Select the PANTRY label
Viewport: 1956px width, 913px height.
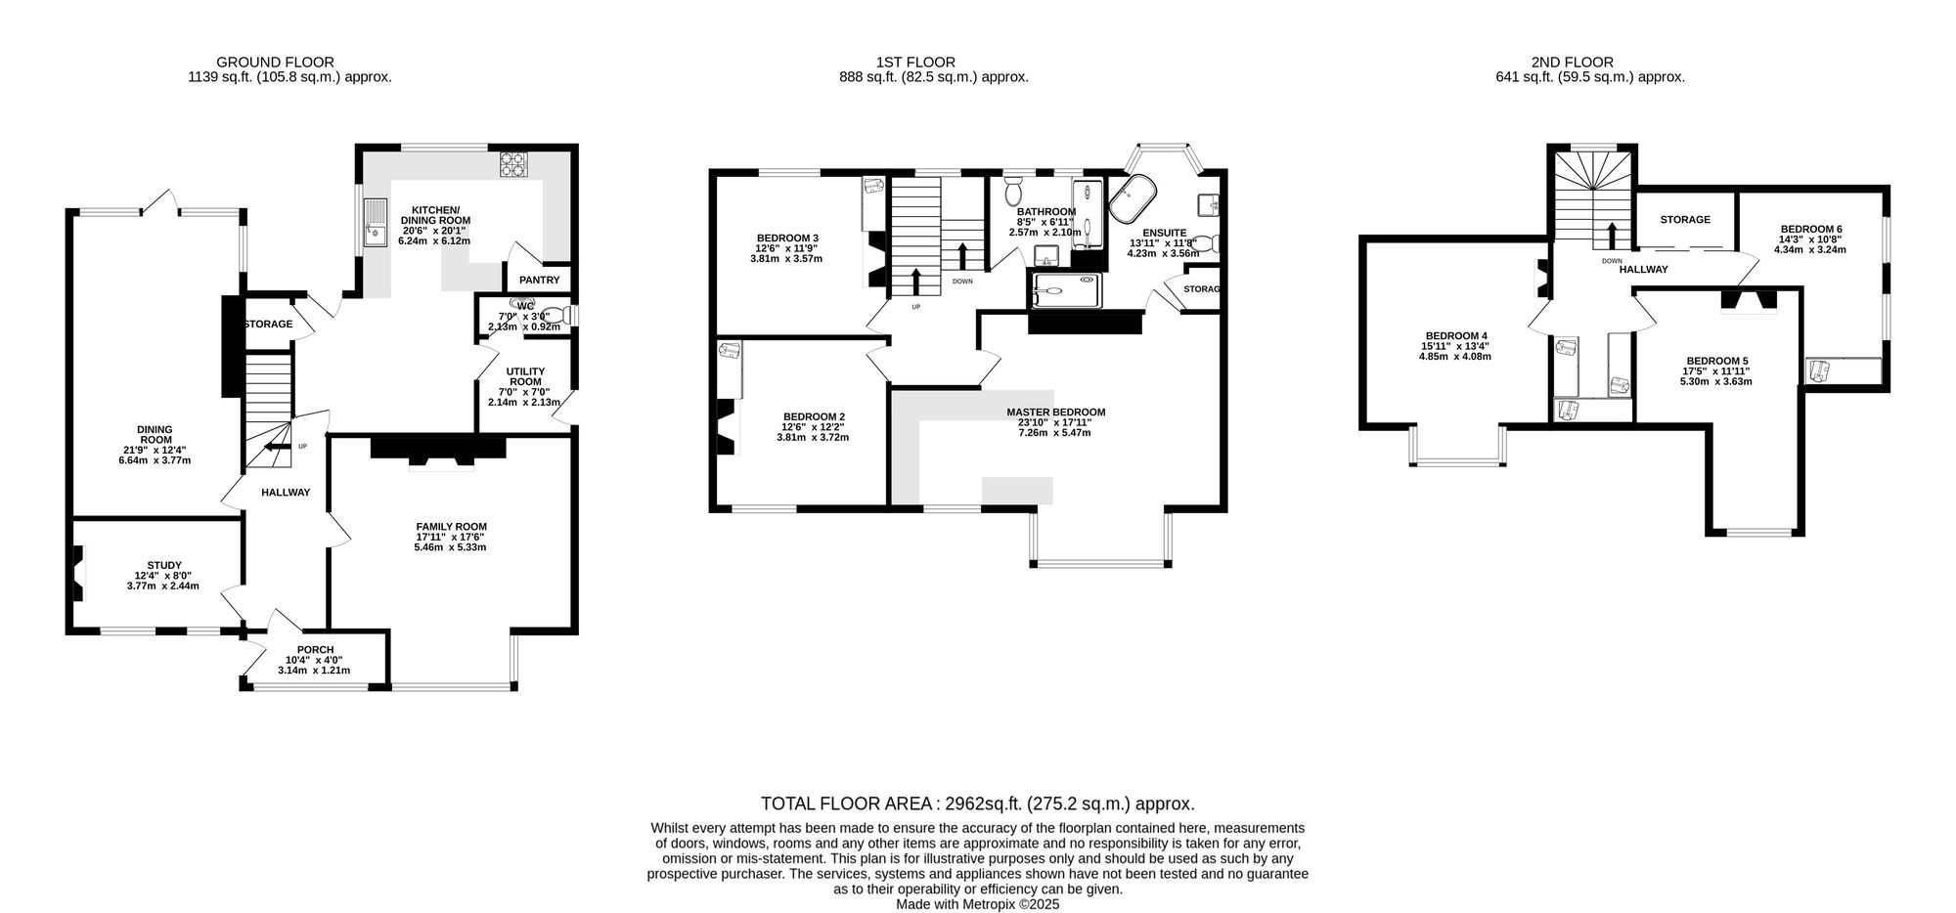tap(540, 281)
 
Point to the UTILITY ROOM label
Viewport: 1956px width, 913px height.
tap(525, 376)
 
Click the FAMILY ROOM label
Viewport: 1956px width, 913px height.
tap(451, 527)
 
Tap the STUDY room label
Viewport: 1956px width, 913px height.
tap(164, 565)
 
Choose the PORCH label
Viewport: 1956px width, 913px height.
tap(315, 650)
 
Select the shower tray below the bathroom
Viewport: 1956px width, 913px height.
tap(1065, 289)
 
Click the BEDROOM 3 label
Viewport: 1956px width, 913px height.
tap(787, 238)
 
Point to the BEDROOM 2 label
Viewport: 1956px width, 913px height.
tap(814, 416)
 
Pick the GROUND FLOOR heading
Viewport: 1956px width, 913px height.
tap(275, 63)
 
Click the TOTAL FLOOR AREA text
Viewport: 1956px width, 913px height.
tap(846, 804)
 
